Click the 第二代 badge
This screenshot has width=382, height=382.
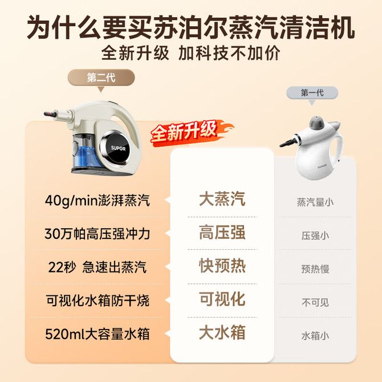(x=101, y=78)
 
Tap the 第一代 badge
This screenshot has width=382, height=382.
(x=312, y=93)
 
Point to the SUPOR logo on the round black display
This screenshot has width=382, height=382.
(x=119, y=148)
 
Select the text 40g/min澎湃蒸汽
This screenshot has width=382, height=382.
(x=97, y=201)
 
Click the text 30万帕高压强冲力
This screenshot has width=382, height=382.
(x=97, y=234)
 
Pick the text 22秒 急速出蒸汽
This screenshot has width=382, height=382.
(x=97, y=267)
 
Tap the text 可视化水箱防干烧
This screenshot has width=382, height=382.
(x=97, y=300)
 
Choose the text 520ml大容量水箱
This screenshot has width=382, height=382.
(x=97, y=334)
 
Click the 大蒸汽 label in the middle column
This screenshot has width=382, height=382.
(x=222, y=199)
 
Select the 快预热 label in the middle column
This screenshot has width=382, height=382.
(x=222, y=265)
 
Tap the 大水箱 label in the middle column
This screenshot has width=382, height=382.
(x=222, y=332)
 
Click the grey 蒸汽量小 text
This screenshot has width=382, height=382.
(x=315, y=202)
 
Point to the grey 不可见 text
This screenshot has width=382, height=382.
(x=315, y=303)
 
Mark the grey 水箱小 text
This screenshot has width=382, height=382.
(x=315, y=336)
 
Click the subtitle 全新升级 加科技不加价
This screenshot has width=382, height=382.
(x=191, y=52)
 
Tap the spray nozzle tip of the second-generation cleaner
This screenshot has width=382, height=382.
(x=46, y=114)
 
